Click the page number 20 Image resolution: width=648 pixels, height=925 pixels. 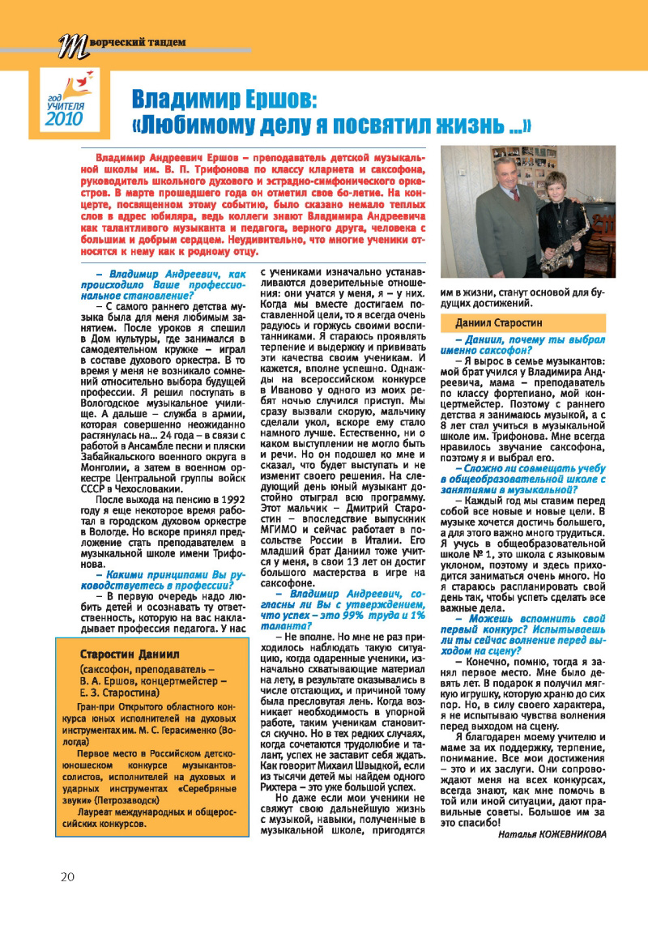pyautogui.click(x=67, y=877)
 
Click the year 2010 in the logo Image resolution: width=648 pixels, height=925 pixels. pyautogui.click(x=64, y=119)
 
